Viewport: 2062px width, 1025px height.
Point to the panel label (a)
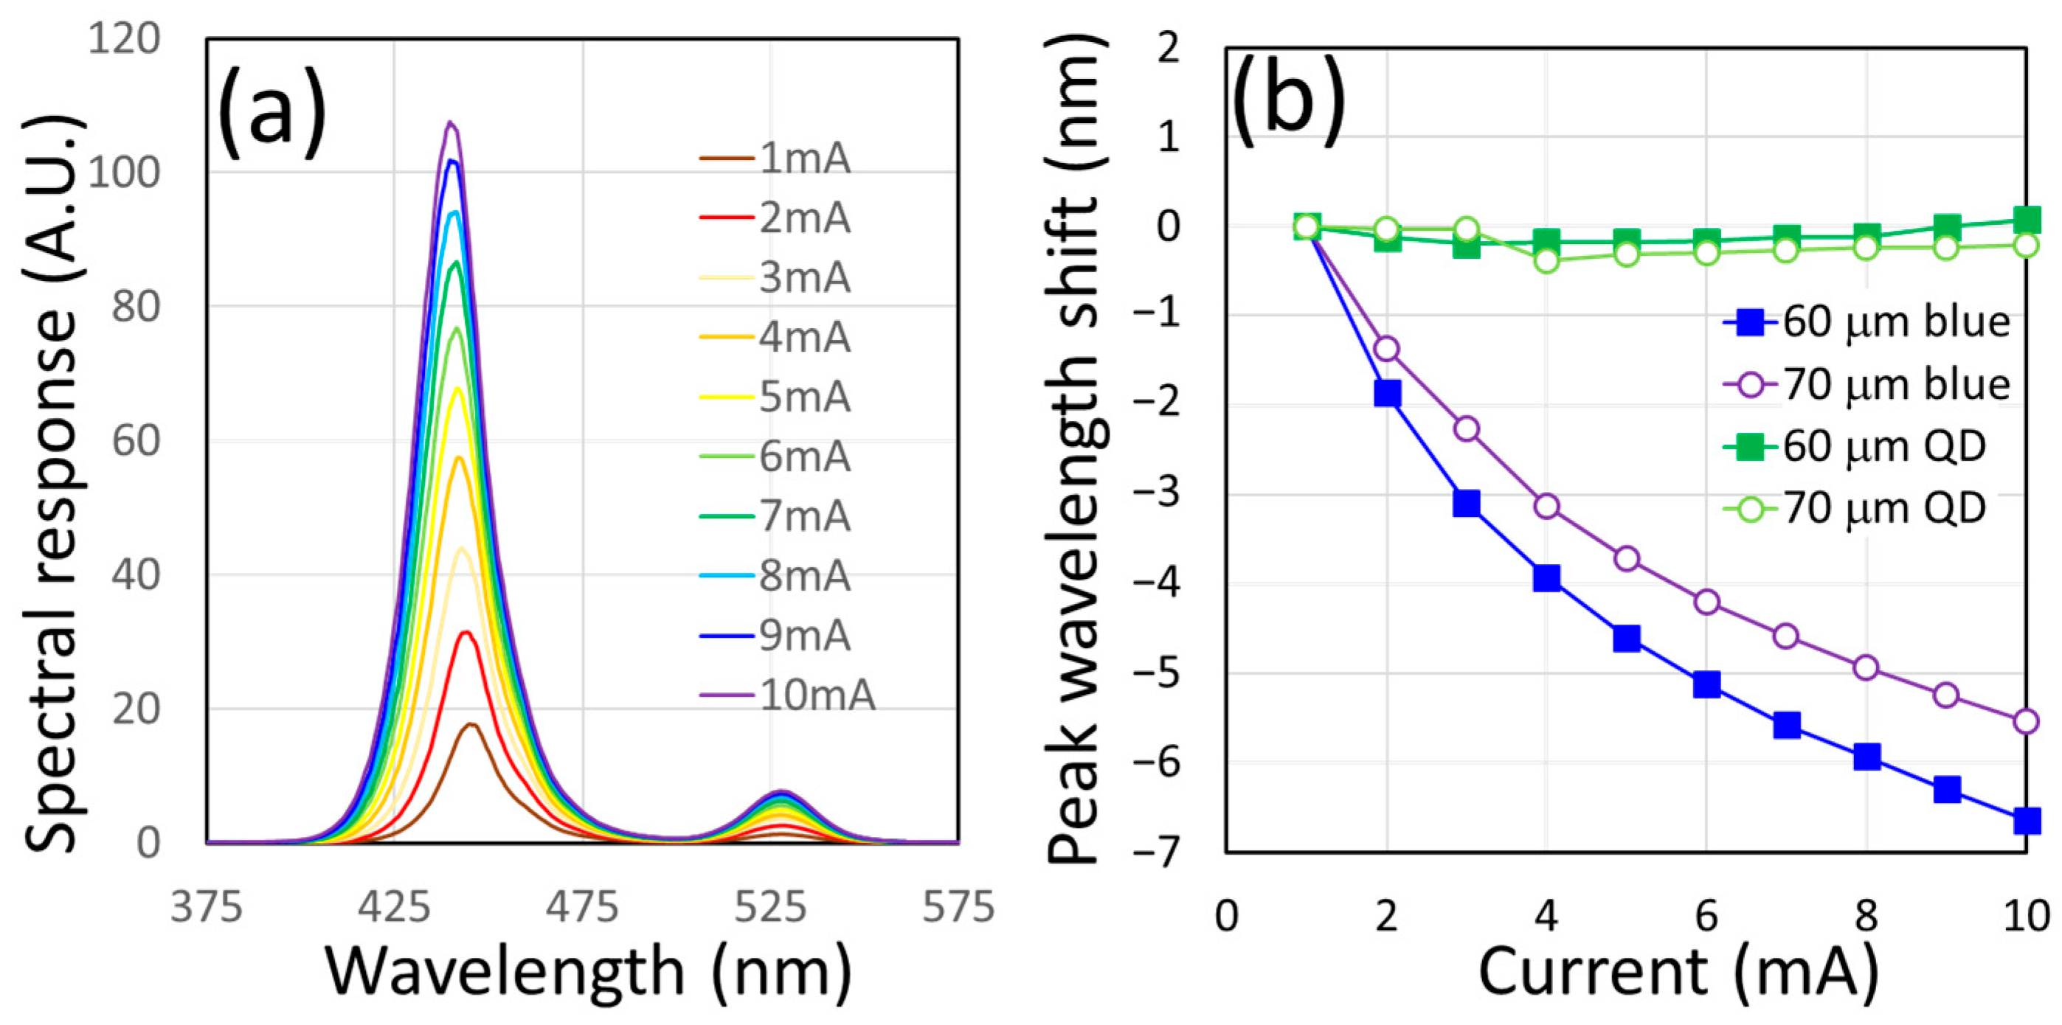(272, 114)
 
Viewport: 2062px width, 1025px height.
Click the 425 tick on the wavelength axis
(395, 907)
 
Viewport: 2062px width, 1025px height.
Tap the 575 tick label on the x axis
(958, 907)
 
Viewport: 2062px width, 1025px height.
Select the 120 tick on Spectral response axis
(124, 38)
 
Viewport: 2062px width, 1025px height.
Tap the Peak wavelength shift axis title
(1076, 448)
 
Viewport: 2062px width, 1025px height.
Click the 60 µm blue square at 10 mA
(2026, 821)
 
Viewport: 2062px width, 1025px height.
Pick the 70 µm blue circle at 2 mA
(1386, 349)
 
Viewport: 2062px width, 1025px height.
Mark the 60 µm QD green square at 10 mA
(2026, 219)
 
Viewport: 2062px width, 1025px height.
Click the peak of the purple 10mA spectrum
(450, 122)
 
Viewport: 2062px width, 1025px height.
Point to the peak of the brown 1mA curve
(471, 724)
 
